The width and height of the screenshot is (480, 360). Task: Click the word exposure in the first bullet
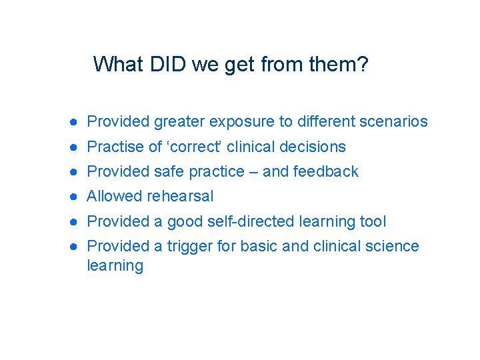242,122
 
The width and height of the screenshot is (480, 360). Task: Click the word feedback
325,171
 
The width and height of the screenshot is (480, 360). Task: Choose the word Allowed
115,196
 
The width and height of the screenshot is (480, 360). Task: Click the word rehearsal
180,196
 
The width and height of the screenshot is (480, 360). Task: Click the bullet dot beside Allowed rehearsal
77,197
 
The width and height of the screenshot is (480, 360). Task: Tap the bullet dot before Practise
77,147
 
